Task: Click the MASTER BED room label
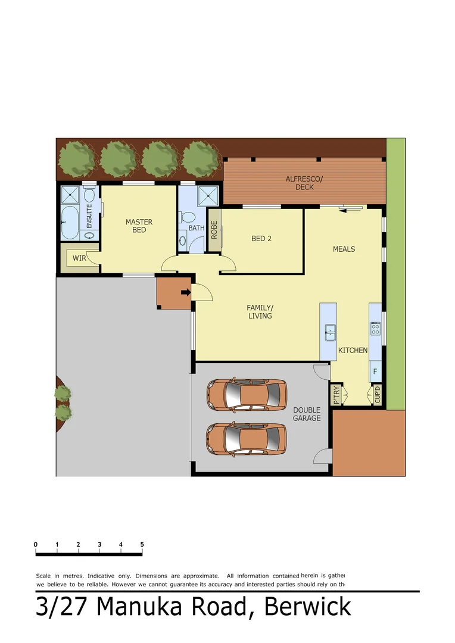(x=139, y=226)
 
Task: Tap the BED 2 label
(x=261, y=239)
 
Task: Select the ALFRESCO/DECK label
(x=304, y=183)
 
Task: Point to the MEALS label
(x=344, y=249)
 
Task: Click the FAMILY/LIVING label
(x=260, y=311)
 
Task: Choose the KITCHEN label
(x=353, y=350)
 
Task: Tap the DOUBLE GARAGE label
(x=307, y=414)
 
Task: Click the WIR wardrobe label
(x=79, y=258)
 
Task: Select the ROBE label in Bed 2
(x=214, y=230)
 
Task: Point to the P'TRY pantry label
(x=336, y=395)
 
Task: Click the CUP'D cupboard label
(x=378, y=395)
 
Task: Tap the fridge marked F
(x=375, y=371)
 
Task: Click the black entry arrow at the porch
(x=185, y=292)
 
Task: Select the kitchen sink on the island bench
(x=329, y=332)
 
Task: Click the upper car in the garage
(x=245, y=394)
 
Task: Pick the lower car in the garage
(x=245, y=439)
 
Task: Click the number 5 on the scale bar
(x=142, y=544)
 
